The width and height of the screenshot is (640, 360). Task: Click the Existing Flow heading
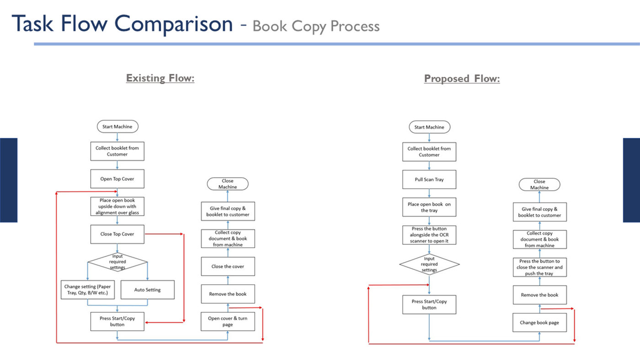tap(160, 78)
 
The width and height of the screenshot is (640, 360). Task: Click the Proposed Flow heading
tap(462, 79)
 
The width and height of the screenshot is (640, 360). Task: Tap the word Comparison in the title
tap(173, 24)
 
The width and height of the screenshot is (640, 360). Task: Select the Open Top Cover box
tap(117, 179)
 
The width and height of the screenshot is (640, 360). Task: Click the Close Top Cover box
tap(117, 234)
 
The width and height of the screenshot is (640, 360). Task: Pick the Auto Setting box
tap(147, 290)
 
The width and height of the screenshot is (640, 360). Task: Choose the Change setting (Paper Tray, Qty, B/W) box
tap(87, 290)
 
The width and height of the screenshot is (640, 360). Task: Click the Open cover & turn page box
tap(228, 322)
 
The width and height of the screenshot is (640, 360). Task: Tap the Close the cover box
tap(228, 266)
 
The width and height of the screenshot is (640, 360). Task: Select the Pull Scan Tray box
tap(429, 180)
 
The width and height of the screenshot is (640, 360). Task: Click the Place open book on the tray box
tap(429, 207)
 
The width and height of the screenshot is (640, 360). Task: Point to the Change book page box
tap(539, 323)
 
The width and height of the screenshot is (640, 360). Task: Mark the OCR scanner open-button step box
tap(429, 235)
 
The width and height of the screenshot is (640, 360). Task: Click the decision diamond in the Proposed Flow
tap(429, 265)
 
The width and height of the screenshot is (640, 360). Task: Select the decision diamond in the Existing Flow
tap(117, 262)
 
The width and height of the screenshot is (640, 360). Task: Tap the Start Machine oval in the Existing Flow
tap(117, 127)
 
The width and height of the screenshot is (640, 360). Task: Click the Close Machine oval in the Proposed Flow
tap(539, 185)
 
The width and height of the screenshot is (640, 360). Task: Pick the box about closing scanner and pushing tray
tap(539, 267)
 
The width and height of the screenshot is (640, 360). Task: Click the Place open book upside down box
tap(117, 206)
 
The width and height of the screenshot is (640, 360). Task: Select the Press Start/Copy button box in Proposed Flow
tap(429, 305)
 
